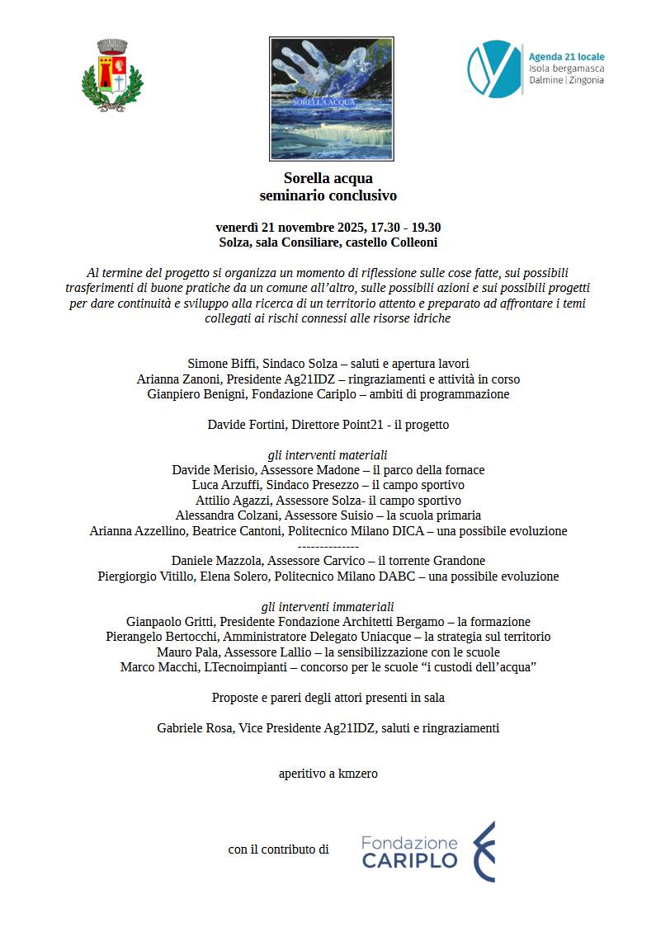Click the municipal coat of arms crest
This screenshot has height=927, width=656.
pos(112,75)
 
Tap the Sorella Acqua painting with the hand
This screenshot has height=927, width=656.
pos(331,98)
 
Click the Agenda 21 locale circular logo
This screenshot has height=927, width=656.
pos(494,68)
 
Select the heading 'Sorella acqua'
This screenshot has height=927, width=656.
pos(328,178)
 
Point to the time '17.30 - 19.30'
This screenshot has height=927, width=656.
pos(406,228)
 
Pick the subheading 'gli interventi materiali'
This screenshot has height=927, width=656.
pos(328,455)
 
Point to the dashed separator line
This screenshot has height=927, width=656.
pos(328,546)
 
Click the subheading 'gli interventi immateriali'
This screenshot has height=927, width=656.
pos(328,606)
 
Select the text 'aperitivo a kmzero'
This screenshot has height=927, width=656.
pos(328,774)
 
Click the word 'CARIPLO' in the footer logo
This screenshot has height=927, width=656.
pos(409,861)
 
